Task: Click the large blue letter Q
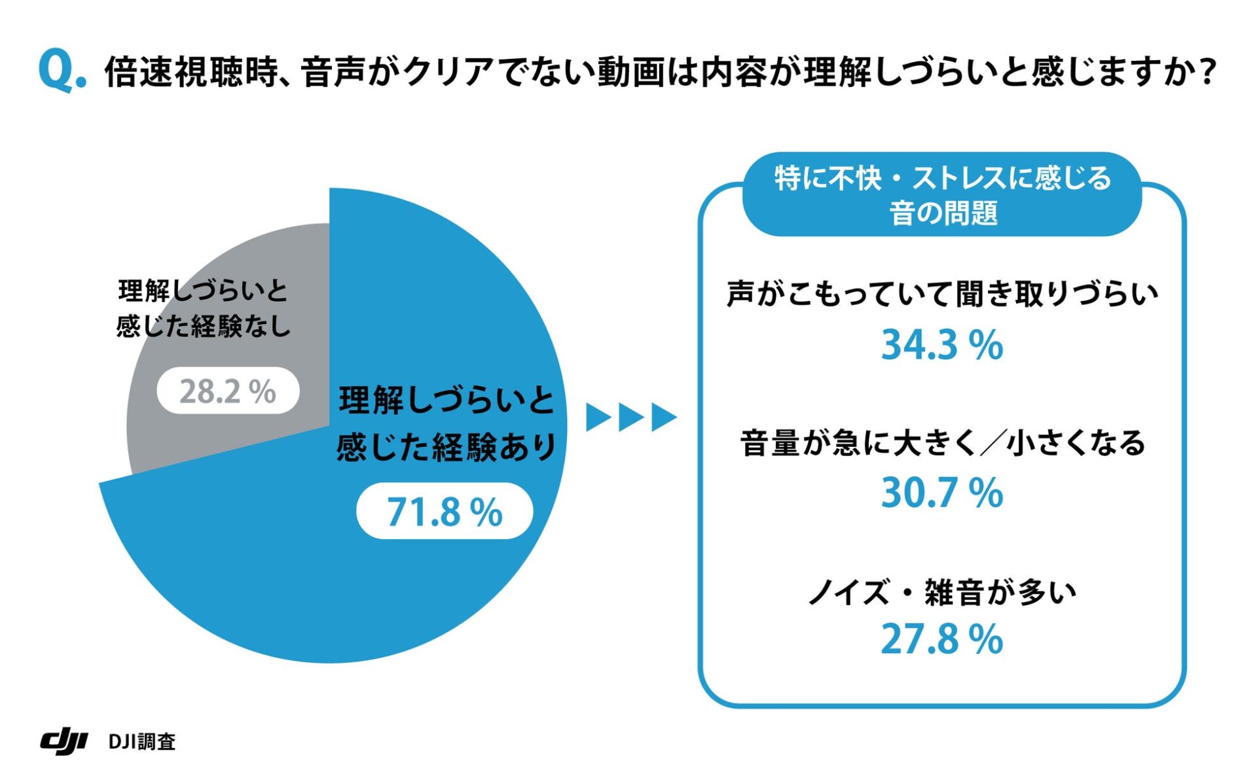click(x=57, y=71)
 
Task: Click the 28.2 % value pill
click(x=228, y=391)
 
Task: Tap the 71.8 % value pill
click(x=445, y=512)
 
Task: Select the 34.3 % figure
click(x=941, y=345)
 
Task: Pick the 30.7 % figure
click(x=941, y=493)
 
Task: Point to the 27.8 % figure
click(x=941, y=639)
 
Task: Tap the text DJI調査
click(x=142, y=741)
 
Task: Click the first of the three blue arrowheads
click(x=598, y=417)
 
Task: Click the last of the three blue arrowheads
click(x=663, y=417)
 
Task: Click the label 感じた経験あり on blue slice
click(x=446, y=448)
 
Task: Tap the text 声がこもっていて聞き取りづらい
click(x=941, y=294)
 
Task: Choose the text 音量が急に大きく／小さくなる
click(x=941, y=443)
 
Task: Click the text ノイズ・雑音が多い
click(x=941, y=593)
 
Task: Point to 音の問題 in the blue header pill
click(x=943, y=213)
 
